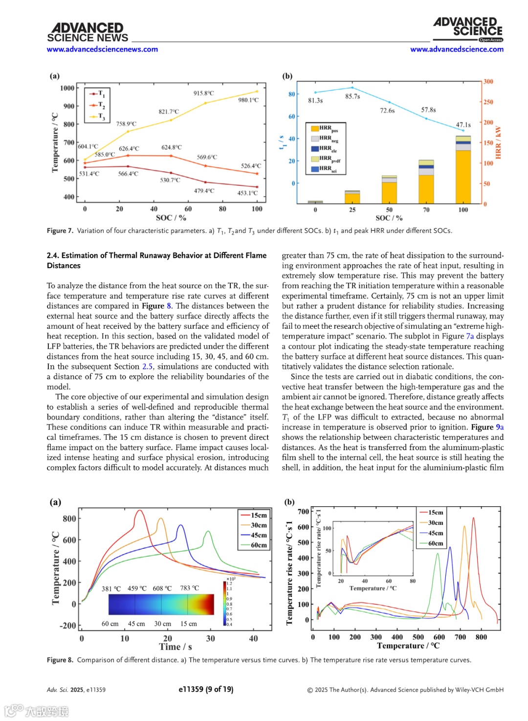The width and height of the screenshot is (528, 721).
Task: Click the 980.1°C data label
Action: [x=248, y=100]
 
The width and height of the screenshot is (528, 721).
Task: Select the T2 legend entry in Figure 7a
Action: [x=97, y=105]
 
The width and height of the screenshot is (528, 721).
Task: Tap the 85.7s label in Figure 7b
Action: [x=352, y=97]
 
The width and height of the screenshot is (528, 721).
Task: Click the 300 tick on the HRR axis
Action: [x=488, y=82]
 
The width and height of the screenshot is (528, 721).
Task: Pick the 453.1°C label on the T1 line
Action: [x=247, y=193]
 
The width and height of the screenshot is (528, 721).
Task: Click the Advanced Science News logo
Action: [x=88, y=32]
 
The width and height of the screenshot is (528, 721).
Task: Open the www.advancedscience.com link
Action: [x=457, y=49]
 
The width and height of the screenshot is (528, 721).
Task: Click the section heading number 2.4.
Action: [x=53, y=255]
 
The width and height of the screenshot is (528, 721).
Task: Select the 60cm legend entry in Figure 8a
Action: [x=254, y=545]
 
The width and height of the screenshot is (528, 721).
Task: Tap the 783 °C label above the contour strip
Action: [x=190, y=588]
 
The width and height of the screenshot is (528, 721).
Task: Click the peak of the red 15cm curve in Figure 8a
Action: [x=140, y=511]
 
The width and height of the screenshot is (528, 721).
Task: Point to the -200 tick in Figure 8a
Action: [x=68, y=626]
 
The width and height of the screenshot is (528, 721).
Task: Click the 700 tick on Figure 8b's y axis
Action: [x=304, y=512]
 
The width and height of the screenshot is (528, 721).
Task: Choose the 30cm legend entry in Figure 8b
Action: [x=431, y=523]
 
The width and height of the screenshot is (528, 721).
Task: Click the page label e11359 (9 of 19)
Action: [x=206, y=689]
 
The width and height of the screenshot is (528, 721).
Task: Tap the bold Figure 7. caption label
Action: [x=60, y=231]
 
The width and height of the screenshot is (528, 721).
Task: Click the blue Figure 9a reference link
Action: [x=500, y=427]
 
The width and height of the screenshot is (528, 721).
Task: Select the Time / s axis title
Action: [x=176, y=647]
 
